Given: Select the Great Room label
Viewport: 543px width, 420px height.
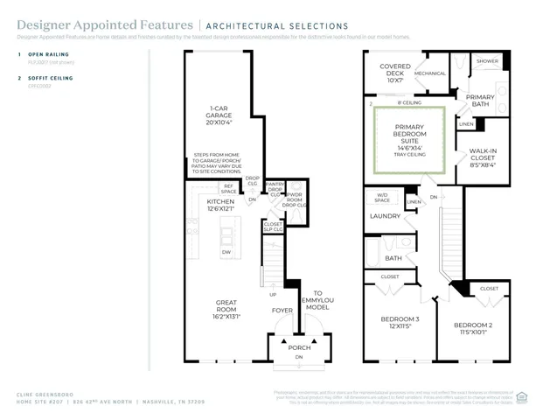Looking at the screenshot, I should click(x=226, y=307).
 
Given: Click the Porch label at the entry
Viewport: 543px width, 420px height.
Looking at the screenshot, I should click(x=299, y=347).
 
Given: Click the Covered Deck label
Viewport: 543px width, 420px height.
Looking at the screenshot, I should click(x=395, y=73).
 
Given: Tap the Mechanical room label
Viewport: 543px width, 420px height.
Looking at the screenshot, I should click(x=430, y=73).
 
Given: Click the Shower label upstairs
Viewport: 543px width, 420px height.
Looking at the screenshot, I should click(x=487, y=61).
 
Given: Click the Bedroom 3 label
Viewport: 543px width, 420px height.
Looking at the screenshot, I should click(x=399, y=322).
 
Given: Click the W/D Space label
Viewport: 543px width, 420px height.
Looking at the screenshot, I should click(x=382, y=197).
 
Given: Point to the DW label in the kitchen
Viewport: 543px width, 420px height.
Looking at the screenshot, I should click(x=226, y=252).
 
